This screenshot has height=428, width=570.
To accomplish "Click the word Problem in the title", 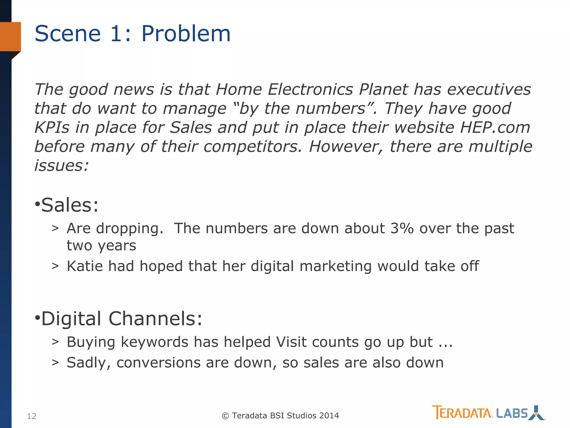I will tap(186, 34).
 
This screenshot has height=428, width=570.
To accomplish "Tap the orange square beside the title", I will tap(11, 37).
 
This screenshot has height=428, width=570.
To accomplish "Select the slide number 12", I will tap(32, 416).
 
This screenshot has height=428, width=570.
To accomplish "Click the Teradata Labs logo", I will tap(488, 413).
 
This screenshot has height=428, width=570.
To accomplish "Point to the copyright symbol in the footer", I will tap(225, 416).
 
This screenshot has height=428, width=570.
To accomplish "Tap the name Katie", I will tap(85, 266).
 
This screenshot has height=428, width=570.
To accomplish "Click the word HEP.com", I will tap(495, 128).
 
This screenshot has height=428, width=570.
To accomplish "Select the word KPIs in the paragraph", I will tap(52, 128).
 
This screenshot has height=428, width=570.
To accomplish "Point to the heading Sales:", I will tap(70, 205).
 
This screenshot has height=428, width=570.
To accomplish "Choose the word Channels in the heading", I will tap(155, 318).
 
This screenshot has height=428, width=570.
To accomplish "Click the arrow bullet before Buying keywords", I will tap(55, 342).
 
